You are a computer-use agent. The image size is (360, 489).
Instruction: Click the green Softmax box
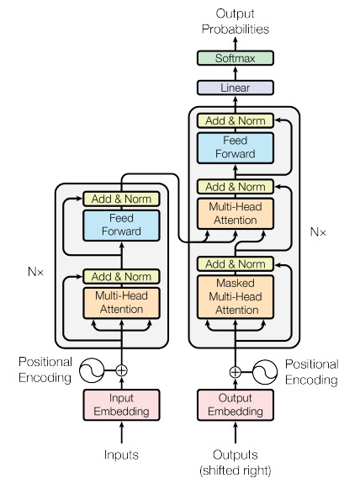click(x=235, y=59)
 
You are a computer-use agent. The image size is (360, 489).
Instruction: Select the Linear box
click(x=235, y=87)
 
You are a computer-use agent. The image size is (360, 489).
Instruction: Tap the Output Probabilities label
click(x=235, y=21)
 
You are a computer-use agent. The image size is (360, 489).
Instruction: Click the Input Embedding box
click(x=122, y=405)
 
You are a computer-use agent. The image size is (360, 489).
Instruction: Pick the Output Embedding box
click(x=235, y=405)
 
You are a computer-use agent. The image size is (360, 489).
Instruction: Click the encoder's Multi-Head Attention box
click(x=122, y=303)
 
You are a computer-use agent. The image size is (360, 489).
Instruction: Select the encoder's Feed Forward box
click(x=122, y=225)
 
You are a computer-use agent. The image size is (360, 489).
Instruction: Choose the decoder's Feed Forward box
click(x=235, y=147)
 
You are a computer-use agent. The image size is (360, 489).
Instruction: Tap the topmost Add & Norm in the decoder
click(x=235, y=120)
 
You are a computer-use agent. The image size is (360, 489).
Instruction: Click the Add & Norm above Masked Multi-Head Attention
click(x=235, y=264)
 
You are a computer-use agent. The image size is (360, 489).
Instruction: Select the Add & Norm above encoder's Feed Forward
click(x=122, y=199)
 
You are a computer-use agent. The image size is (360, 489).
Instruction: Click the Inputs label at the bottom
click(x=122, y=455)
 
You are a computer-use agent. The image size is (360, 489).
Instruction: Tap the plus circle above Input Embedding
click(x=122, y=369)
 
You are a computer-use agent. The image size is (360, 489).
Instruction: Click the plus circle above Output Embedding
click(x=235, y=370)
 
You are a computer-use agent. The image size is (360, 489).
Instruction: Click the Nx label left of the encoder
click(x=36, y=272)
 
